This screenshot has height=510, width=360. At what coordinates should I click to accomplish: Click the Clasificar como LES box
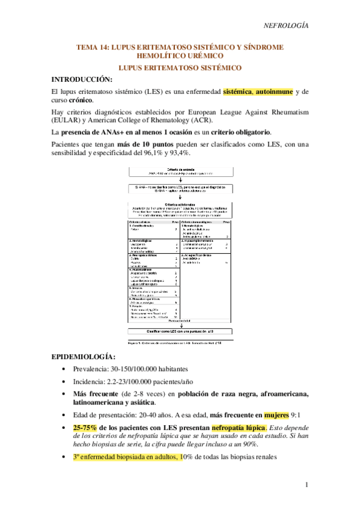tap(180, 331)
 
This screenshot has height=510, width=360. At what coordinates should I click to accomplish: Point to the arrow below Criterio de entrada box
tap(180, 179)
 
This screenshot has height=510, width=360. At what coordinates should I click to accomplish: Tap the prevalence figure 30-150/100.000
tap(137, 370)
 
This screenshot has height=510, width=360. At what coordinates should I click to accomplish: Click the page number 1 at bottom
tap(306, 485)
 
